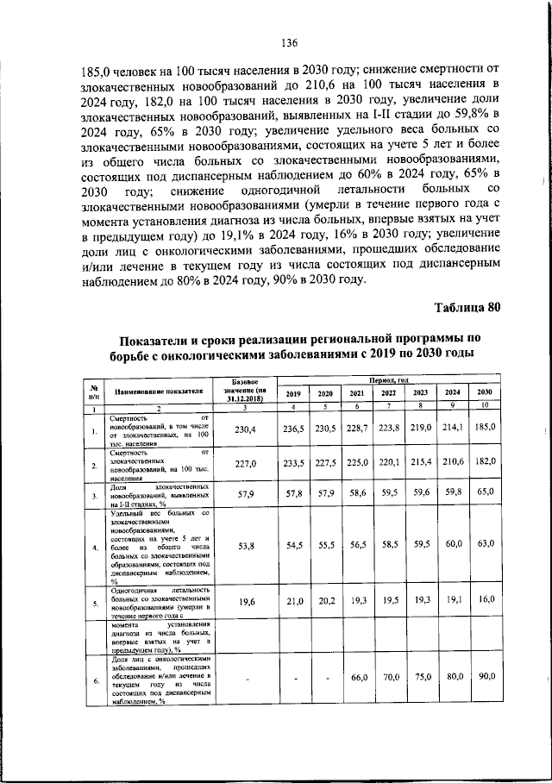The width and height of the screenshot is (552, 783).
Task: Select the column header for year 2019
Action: (294, 392)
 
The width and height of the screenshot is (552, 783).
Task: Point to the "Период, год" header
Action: (388, 379)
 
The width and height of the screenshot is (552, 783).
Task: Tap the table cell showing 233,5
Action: (294, 463)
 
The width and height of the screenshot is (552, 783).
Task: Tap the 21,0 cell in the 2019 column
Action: (294, 600)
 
